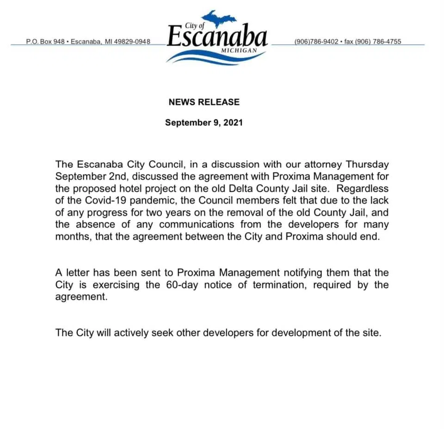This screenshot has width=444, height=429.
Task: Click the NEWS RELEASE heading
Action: pyautogui.click(x=204, y=102)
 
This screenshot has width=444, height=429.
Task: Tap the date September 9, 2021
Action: pyautogui.click(x=204, y=123)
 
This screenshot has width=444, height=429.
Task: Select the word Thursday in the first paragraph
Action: pyautogui.click(x=367, y=164)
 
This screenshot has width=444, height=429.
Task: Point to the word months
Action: pyautogui.click(x=71, y=236)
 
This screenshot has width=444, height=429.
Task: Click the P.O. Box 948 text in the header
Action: pyautogui.click(x=45, y=42)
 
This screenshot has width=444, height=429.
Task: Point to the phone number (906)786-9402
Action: pyautogui.click(x=316, y=42)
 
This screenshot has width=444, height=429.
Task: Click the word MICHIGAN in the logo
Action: pyautogui.click(x=239, y=49)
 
